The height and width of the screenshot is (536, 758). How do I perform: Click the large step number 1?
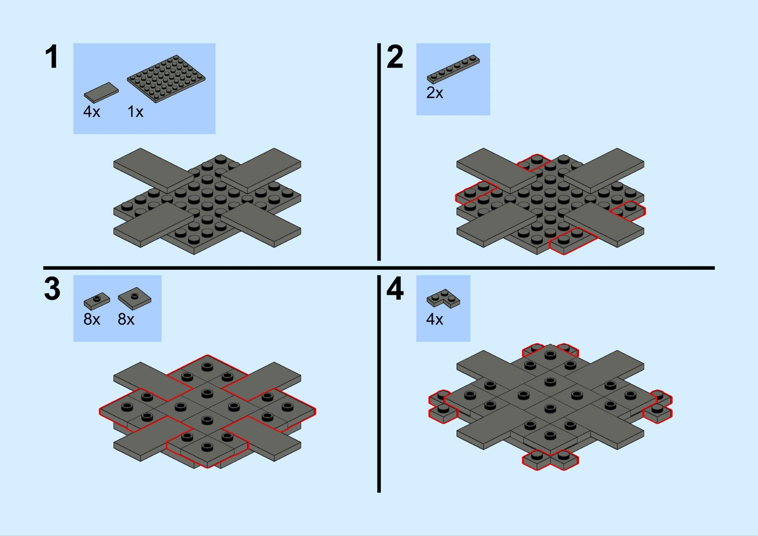pos(52,58)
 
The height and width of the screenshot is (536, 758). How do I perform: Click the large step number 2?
pos(395,57)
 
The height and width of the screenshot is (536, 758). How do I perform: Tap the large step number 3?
pos(52,289)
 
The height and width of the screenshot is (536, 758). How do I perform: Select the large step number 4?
pos(395,289)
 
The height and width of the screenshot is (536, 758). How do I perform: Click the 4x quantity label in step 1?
pos(92,112)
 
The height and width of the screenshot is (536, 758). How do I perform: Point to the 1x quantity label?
pos(135,112)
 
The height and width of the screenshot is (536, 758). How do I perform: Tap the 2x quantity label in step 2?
pos(435,93)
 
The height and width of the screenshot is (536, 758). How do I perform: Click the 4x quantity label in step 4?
pos(435,319)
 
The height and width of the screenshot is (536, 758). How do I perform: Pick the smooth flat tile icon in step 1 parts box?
pos(101,92)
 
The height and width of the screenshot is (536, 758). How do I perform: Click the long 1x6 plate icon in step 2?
pos(453,69)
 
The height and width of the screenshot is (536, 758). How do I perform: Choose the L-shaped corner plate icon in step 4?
pos(444,299)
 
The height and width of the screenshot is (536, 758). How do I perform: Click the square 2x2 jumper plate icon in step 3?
pos(135,296)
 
